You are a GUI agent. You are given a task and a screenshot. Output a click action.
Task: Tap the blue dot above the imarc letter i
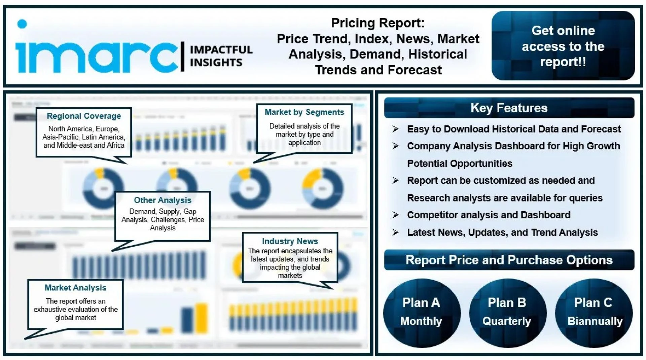[22, 24]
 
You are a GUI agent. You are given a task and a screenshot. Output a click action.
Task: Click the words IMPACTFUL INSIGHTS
[221, 56]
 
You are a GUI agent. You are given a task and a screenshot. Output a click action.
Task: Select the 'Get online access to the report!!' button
[563, 46]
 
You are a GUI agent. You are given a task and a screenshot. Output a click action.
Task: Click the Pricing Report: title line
[378, 23]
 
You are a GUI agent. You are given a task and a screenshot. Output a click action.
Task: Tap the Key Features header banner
[509, 108]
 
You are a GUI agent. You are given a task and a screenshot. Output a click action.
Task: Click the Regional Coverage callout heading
[84, 116]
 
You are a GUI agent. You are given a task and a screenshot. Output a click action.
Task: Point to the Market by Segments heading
[304, 112]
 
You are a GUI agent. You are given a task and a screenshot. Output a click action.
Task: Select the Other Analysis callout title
[163, 200]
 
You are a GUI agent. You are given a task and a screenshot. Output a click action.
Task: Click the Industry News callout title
[290, 241]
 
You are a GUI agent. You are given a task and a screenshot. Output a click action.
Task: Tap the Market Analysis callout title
[75, 288]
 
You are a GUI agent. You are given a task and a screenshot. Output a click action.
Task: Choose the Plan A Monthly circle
[421, 312]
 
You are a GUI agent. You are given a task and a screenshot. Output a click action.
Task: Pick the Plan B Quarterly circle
[507, 312]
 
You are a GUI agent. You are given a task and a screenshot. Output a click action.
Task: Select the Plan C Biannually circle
[594, 312]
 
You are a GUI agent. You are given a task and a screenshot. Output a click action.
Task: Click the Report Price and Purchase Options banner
[509, 260]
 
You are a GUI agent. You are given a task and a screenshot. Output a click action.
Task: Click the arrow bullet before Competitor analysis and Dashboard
[396, 215]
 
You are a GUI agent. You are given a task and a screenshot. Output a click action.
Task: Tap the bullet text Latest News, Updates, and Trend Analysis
[502, 232]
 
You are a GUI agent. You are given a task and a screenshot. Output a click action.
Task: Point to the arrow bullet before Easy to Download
[396, 129]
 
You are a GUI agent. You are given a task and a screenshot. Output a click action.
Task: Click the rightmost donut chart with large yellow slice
[322, 188]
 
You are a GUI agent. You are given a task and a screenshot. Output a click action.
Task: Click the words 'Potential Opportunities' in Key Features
[459, 164]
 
